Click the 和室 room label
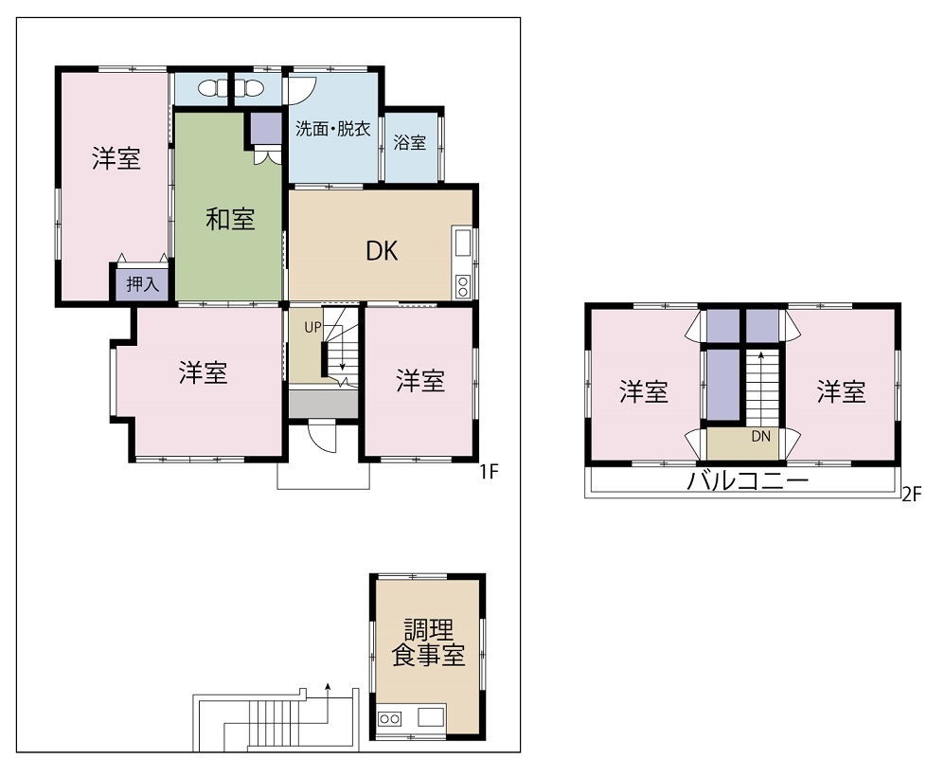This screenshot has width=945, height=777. (x=231, y=218)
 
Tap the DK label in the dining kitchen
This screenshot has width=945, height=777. (x=383, y=251)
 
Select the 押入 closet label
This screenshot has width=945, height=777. (x=143, y=283)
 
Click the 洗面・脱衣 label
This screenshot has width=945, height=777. (x=332, y=129)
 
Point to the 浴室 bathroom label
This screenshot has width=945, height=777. (x=410, y=142)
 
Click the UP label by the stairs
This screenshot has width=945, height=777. (x=312, y=328)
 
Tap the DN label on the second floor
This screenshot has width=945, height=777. (x=760, y=436)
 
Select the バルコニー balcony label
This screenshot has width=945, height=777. (x=747, y=480)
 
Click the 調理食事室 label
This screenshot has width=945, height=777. (x=429, y=643)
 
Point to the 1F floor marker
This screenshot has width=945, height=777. (x=489, y=471)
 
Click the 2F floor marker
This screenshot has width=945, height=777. (x=912, y=495)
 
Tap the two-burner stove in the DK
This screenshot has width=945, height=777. (x=462, y=286)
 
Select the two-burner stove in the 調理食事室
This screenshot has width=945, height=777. (x=389, y=718)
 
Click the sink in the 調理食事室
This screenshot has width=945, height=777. (x=431, y=717)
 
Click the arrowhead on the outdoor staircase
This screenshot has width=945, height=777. (x=328, y=686)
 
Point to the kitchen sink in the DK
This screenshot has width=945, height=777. (x=462, y=244)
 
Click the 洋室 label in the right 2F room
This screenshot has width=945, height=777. (x=842, y=391)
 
